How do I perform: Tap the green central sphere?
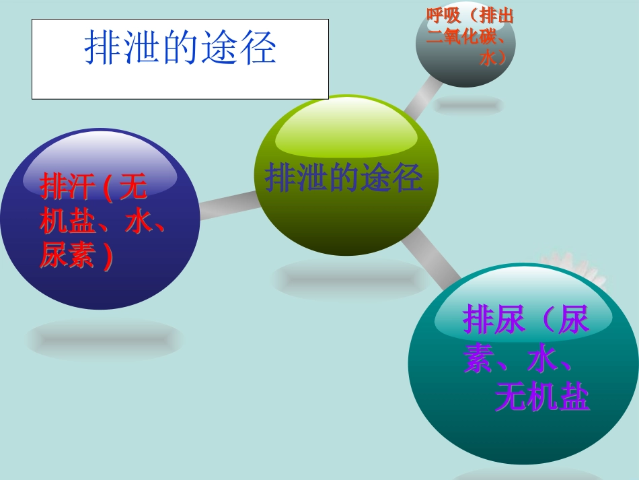(x=346, y=215)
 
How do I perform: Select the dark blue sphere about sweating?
(x=101, y=283)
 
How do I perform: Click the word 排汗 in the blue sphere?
(x=67, y=187)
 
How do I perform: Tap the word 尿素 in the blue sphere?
(x=67, y=256)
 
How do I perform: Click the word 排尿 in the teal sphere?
(x=494, y=320)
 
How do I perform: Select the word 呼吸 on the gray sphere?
(x=444, y=15)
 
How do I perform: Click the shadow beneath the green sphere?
(x=350, y=278)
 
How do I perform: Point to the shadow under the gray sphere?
(x=468, y=105)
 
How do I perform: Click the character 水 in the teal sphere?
(x=542, y=360)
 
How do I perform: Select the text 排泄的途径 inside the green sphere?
(x=344, y=178)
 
